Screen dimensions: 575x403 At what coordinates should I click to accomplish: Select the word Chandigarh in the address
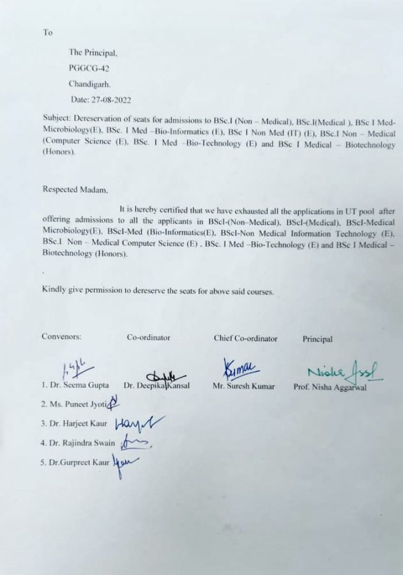[x=89, y=83]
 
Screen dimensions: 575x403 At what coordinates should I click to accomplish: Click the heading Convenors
[x=61, y=336]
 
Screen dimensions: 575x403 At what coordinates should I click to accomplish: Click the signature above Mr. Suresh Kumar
[x=241, y=369]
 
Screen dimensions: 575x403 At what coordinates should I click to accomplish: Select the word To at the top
[x=47, y=33]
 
